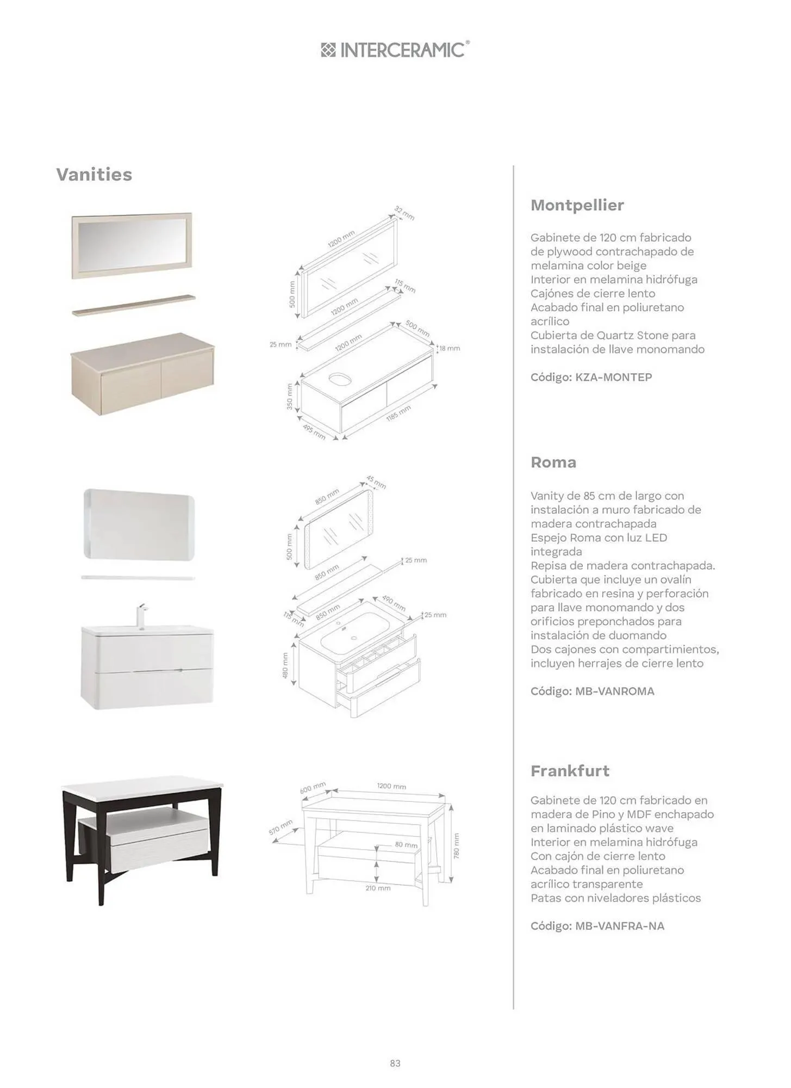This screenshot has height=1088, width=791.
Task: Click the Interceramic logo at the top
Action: pyautogui.click(x=395, y=50)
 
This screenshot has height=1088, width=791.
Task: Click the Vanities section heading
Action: pyautogui.click(x=94, y=175)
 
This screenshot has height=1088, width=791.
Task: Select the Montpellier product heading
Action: pyautogui.click(x=577, y=205)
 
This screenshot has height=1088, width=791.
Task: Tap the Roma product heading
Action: pyautogui.click(x=553, y=462)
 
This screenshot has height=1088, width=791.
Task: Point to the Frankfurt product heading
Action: pyautogui.click(x=570, y=771)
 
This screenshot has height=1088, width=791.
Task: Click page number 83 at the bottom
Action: pyautogui.click(x=395, y=1063)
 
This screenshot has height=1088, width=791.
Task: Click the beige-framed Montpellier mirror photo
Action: pyautogui.click(x=132, y=245)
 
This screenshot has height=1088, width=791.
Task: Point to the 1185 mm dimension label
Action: pyautogui.click(x=398, y=413)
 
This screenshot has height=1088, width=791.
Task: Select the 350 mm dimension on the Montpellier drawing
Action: pyautogui.click(x=290, y=397)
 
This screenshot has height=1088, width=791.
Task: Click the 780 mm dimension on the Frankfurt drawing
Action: pyautogui.click(x=457, y=846)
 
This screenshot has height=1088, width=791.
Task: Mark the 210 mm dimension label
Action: pyautogui.click(x=378, y=888)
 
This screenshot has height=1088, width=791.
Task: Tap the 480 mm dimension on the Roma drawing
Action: pyautogui.click(x=285, y=665)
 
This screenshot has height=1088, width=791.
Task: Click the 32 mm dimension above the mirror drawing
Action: pyautogui.click(x=404, y=213)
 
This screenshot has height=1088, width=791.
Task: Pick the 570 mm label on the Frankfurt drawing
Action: pyautogui.click(x=281, y=827)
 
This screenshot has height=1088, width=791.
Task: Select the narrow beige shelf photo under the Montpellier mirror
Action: pyautogui.click(x=134, y=305)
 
